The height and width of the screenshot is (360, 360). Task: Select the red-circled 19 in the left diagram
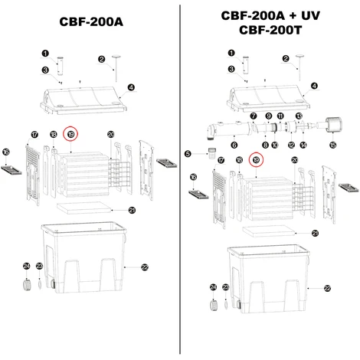[x=70, y=133]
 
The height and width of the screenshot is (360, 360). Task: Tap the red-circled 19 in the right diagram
[x=256, y=159]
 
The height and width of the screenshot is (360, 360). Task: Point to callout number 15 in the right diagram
[x=332, y=144]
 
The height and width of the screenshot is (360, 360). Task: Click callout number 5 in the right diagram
[x=188, y=154]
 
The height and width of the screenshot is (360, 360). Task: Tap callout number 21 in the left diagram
[x=132, y=209]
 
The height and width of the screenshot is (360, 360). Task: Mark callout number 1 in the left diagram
[x=44, y=54]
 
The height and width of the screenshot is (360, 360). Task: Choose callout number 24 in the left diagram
[x=26, y=265]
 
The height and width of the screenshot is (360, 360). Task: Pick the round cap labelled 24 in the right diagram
[x=213, y=301]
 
